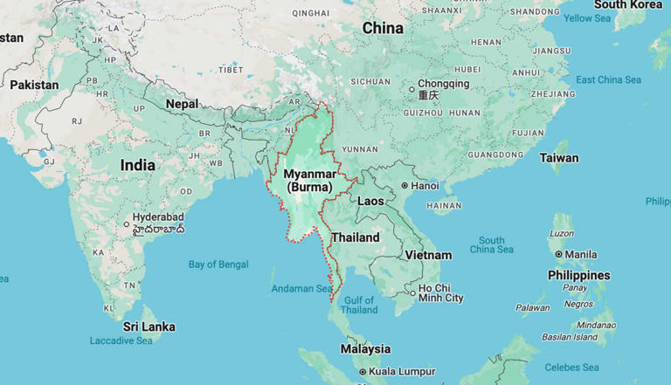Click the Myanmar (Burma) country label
[309, 181]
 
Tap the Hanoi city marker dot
[405, 186]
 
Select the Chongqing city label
[443, 85]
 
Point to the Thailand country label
[355, 237]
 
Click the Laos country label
[370, 201]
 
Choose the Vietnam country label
[428, 255]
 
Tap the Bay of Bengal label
[218, 265]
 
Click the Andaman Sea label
[301, 288]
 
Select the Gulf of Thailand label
[359, 305]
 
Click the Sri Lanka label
[149, 327]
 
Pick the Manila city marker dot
[559, 254]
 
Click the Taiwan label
[559, 158]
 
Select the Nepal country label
[182, 103]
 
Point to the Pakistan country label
[34, 85]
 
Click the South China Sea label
[491, 245]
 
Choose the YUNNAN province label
[359, 149]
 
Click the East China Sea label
[608, 80]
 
